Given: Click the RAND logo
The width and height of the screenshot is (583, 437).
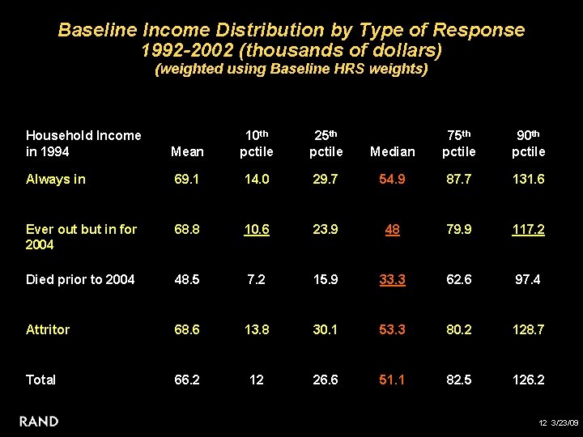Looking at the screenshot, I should tap(38, 421).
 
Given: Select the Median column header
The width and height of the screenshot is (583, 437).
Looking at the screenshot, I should tap(392, 151).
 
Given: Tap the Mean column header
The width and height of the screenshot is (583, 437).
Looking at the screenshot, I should tap(187, 151).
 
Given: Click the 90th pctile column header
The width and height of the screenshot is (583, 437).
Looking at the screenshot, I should tap(528, 143).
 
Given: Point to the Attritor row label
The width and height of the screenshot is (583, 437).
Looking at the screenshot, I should tap(48, 329).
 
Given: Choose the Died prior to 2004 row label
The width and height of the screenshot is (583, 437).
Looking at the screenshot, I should tap(80, 279).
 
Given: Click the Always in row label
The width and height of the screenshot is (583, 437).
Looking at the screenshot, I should tap(55, 179).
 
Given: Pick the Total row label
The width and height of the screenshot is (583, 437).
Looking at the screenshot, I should tap(40, 380).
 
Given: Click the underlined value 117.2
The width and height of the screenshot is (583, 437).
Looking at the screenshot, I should tap(528, 229).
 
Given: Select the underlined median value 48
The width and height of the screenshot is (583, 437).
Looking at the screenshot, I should tap(392, 229).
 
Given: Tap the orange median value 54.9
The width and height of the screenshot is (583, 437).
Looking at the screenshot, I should tap(392, 179).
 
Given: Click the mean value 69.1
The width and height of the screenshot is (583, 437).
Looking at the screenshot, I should tap(187, 179).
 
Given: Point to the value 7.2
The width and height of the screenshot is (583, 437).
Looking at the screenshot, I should tap(256, 279).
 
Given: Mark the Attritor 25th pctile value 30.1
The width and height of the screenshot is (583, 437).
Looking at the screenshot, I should tap(324, 329).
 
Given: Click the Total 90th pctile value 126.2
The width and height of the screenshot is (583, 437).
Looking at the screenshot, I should tap(528, 380).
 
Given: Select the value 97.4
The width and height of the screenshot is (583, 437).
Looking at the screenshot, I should tap(528, 279).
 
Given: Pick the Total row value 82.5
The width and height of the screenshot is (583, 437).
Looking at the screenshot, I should tap(460, 380).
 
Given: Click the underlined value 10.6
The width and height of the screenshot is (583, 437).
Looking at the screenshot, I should tap(256, 229).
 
